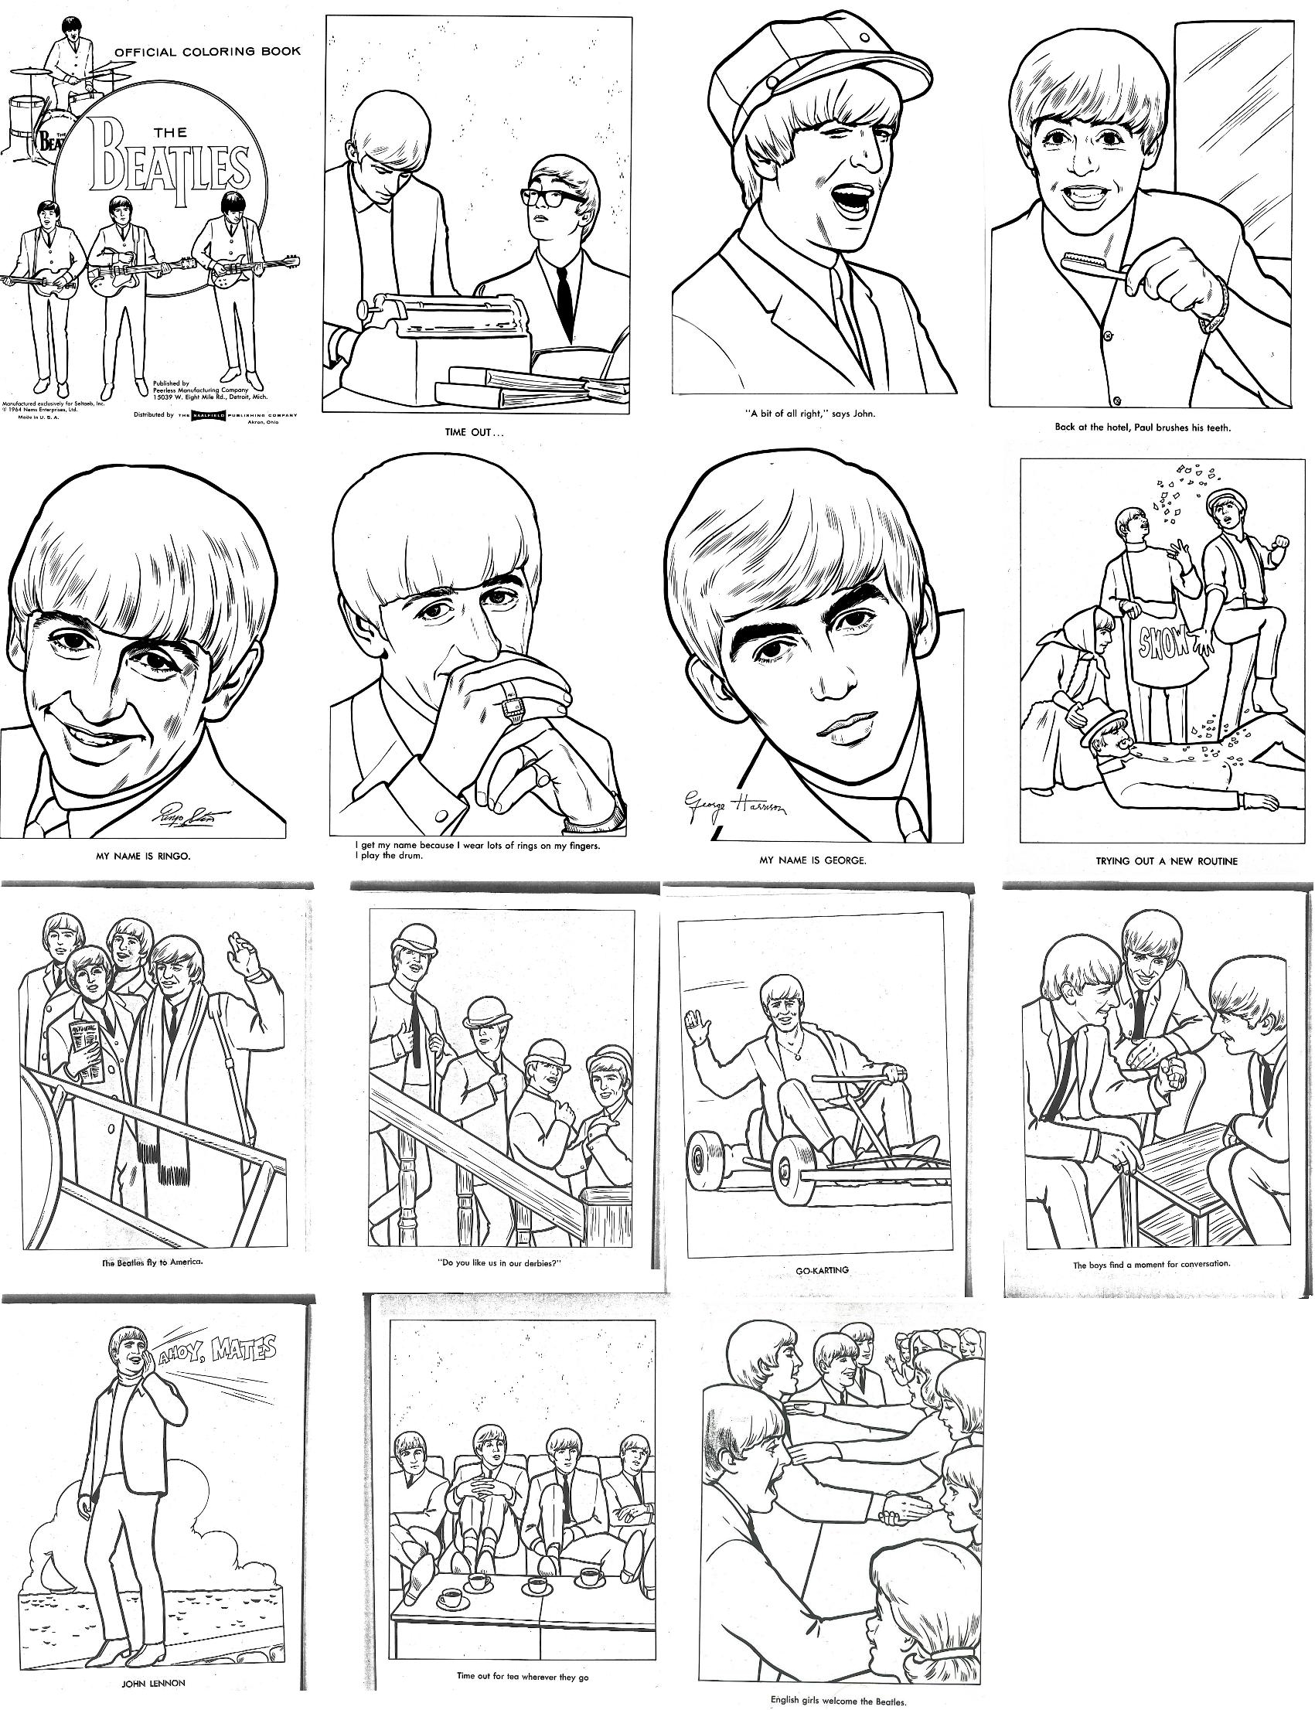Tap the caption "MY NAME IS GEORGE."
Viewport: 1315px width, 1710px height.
tap(813, 861)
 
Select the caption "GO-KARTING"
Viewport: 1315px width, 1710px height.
tap(822, 1269)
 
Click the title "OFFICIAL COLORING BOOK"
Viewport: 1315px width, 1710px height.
tap(207, 52)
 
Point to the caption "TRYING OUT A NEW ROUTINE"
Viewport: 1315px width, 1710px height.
tap(1167, 860)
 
